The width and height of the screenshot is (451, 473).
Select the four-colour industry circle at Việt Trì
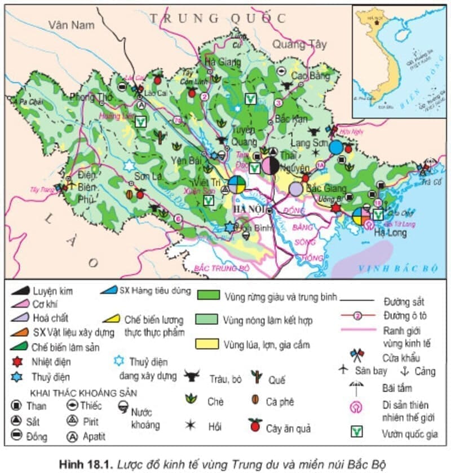click(237, 184)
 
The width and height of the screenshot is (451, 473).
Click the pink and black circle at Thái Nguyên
click(270, 165)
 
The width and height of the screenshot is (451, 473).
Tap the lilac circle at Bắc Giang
click(296, 189)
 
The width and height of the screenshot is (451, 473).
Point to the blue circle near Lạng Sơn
click(336, 148)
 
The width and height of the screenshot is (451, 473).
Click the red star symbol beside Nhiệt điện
click(19, 361)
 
